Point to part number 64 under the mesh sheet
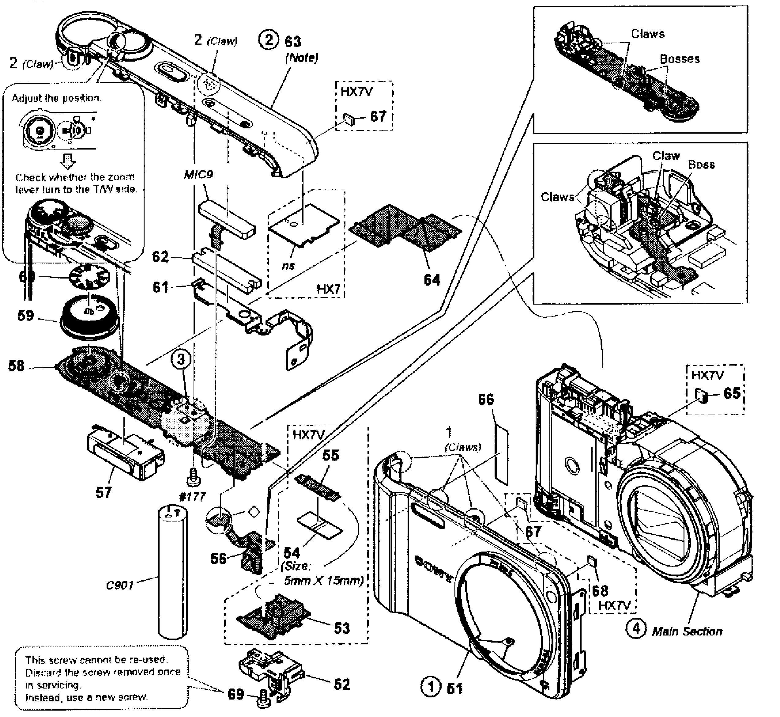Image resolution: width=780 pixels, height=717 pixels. point(432,279)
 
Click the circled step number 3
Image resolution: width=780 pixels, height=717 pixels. point(181,359)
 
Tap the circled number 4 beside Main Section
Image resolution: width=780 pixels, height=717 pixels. point(636,628)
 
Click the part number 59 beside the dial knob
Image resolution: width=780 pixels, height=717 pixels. point(26,315)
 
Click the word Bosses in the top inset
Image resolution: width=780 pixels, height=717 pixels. point(680,59)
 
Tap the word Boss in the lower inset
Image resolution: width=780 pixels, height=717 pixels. point(701,165)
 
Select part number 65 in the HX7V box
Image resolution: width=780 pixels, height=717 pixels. point(732,393)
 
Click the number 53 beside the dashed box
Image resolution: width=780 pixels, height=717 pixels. point(341,628)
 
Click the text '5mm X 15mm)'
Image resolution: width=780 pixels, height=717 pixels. point(324,581)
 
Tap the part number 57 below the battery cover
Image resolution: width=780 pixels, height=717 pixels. point(104,492)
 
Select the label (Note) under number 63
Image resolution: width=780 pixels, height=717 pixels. point(301,58)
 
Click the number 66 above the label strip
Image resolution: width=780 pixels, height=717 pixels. point(486,399)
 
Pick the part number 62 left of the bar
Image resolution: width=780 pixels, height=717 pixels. point(160,256)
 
